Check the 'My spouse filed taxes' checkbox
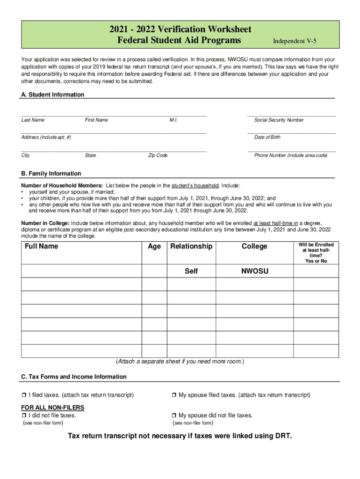tap(174, 395)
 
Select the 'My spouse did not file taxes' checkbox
tap(174, 415)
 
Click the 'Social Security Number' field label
tap(279, 120)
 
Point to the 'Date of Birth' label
tap(267, 138)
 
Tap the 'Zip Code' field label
tap(158, 155)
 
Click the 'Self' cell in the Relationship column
tap(191, 271)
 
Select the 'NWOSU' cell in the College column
tap(255, 271)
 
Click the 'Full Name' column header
tap(42, 247)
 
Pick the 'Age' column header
tap(154, 247)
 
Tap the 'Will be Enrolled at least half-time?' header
tap(316, 253)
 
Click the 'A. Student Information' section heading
tap(53, 94)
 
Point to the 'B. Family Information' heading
tap(51, 174)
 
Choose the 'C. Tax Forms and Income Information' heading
tap(74, 377)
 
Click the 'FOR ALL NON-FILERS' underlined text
tap(53, 408)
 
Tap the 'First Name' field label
tap(96, 120)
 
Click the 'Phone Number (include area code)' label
tap(291, 155)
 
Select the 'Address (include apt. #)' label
tap(46, 138)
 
